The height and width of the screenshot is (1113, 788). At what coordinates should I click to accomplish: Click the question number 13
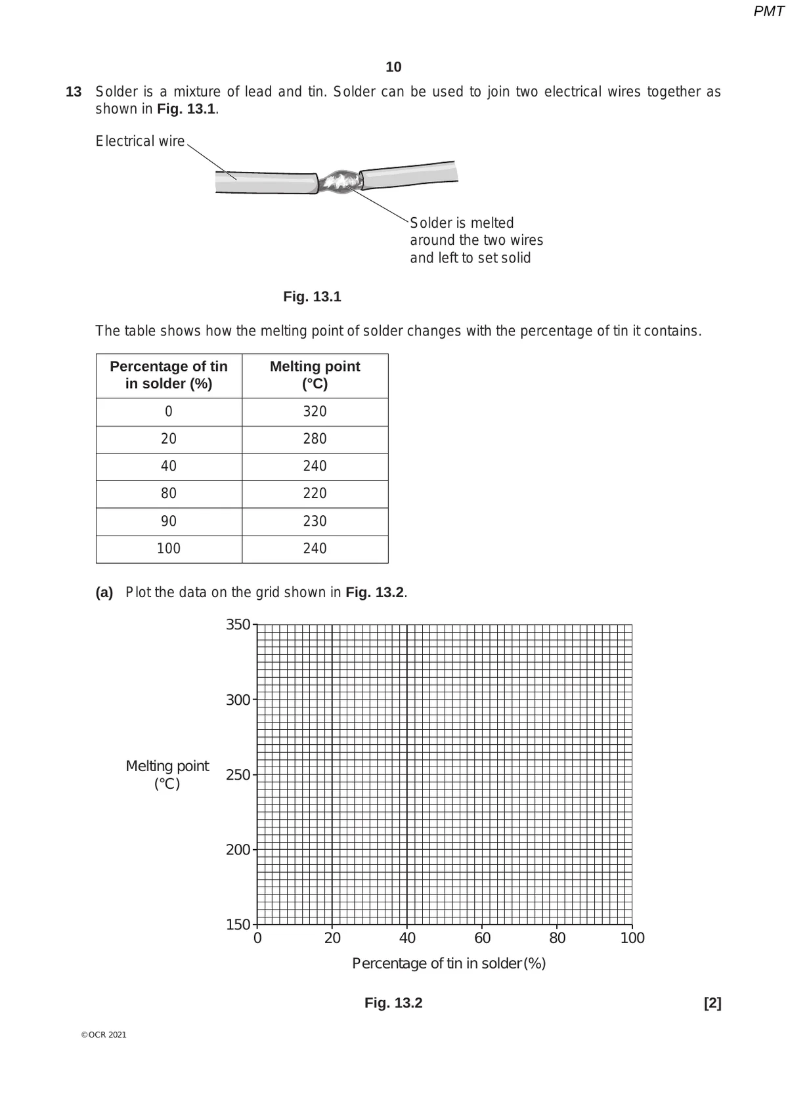(74, 92)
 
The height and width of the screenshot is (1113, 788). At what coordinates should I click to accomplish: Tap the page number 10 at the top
(393, 67)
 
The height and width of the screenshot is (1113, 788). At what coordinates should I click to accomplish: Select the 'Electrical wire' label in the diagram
(140, 141)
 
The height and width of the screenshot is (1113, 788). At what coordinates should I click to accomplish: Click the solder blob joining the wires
(339, 180)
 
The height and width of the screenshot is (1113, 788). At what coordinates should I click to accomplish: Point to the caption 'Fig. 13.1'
(312, 297)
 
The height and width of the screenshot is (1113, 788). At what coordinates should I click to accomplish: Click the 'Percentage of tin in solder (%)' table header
(169, 375)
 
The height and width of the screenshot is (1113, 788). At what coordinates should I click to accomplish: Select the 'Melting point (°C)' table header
(315, 375)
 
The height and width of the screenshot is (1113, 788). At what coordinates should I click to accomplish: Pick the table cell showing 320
(315, 411)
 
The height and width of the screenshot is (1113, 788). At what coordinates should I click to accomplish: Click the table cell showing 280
(315, 438)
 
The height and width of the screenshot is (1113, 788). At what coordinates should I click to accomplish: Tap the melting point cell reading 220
(315, 493)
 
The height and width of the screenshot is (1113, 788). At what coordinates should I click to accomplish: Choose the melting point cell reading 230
(315, 521)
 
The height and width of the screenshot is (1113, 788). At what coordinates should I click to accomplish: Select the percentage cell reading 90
(169, 521)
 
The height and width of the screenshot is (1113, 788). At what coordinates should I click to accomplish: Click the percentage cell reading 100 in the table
(169, 549)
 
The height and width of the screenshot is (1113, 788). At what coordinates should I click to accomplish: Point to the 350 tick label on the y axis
(238, 625)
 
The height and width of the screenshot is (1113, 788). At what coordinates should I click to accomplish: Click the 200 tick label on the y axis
(238, 850)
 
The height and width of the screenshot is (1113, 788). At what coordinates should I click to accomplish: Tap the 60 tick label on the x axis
(482, 938)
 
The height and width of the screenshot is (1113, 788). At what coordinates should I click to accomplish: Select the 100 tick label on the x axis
(632, 938)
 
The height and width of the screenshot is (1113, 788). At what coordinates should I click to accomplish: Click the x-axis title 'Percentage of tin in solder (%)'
(449, 963)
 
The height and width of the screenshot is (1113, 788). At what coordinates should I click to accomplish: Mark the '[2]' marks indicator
(712, 1003)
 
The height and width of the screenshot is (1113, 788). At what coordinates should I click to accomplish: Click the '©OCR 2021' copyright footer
(104, 1035)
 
